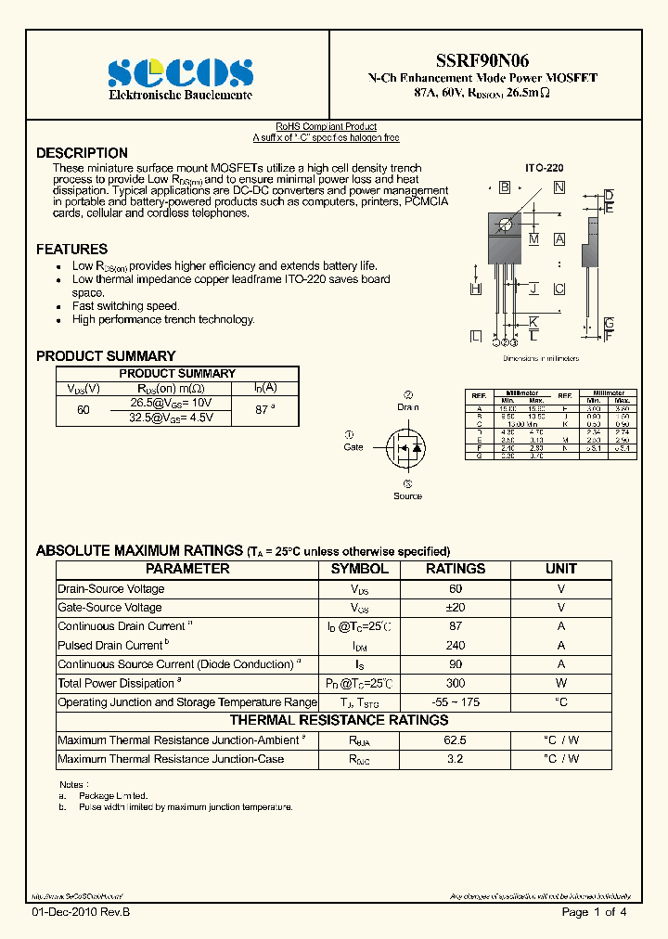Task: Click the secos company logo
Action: click(x=180, y=72)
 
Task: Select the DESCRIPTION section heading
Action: click(x=82, y=153)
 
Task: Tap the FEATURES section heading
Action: click(x=71, y=249)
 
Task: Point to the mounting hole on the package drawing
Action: click(x=505, y=224)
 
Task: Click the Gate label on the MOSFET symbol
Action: click(x=353, y=447)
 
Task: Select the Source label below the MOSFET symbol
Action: click(x=407, y=496)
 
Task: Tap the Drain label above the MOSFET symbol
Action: click(x=408, y=407)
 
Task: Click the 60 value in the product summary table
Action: click(x=83, y=409)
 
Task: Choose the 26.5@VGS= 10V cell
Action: click(x=171, y=403)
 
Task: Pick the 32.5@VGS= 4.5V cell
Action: click(x=171, y=418)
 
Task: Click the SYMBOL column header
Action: click(x=360, y=569)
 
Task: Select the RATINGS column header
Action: click(x=456, y=569)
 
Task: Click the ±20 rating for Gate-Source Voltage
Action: click(x=456, y=608)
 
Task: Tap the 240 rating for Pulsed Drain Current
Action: click(x=456, y=646)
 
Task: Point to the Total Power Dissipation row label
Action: click(x=117, y=683)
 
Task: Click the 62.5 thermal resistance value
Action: click(x=456, y=740)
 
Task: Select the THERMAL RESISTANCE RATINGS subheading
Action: click(x=339, y=720)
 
